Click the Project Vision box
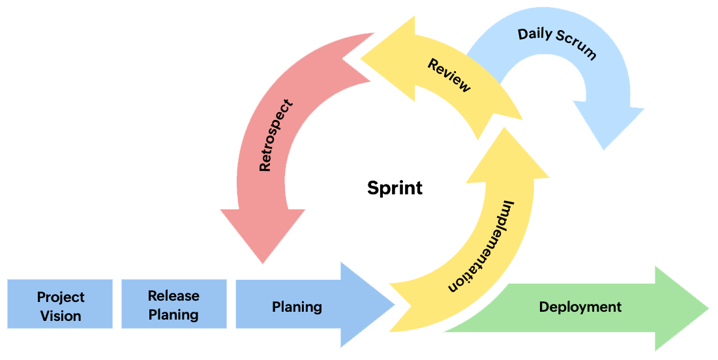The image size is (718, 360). (x=60, y=305)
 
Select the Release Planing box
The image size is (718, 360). (x=173, y=305)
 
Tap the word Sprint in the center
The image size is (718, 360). (x=395, y=188)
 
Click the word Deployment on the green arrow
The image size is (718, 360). (x=580, y=307)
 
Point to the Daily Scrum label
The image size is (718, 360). (x=557, y=43)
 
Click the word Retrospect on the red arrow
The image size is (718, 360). (x=275, y=135)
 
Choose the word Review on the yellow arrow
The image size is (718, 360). (x=449, y=75)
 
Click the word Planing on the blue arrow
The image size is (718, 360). (x=297, y=306)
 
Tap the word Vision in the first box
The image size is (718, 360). (x=61, y=316)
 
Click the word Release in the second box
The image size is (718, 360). (x=173, y=295)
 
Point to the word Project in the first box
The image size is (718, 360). (x=61, y=297)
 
